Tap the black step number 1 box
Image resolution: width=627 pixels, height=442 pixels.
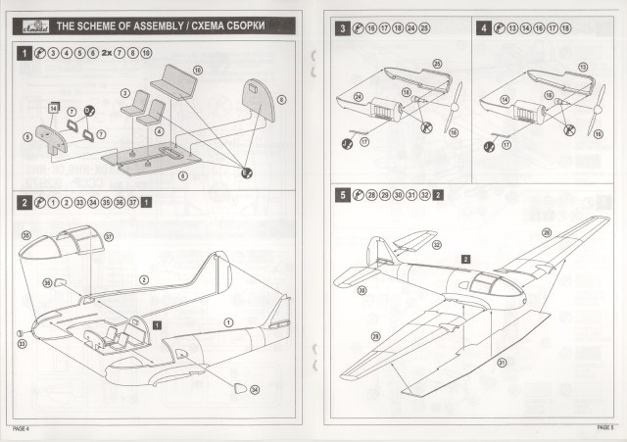point(23,55)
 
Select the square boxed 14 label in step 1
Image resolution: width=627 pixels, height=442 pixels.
point(54,106)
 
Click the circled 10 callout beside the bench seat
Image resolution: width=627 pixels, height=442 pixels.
point(197,72)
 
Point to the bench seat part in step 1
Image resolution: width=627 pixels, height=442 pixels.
point(176,81)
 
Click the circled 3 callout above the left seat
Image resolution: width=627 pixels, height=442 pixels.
point(124,92)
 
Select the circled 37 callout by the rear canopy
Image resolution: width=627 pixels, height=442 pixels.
point(109,236)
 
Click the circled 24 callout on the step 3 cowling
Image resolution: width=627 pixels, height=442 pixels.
point(359,96)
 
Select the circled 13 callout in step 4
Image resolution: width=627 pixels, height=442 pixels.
point(582,67)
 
